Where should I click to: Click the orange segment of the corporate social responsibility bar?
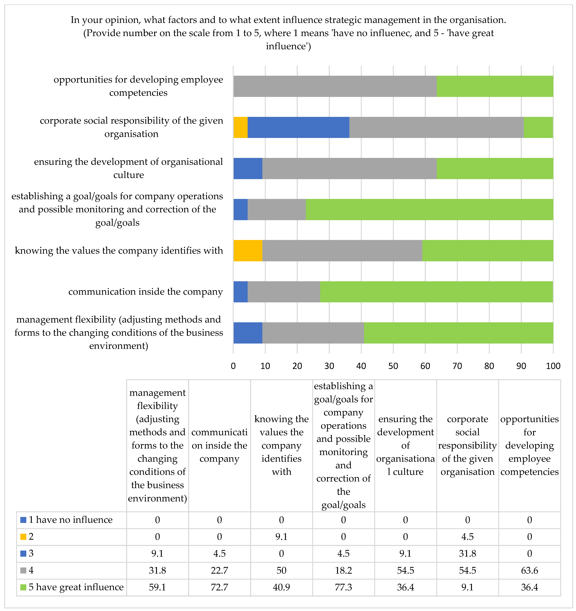tap(240, 127)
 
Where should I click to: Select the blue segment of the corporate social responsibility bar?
tap(298, 127)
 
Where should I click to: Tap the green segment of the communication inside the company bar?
tap(436, 292)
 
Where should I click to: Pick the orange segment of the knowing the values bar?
tap(248, 251)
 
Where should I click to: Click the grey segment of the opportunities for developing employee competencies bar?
tap(335, 86)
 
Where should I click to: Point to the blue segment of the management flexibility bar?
tap(248, 333)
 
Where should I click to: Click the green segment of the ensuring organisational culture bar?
tap(495, 168)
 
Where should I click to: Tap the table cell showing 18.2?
tap(343, 570)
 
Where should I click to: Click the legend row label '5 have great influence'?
tap(76, 587)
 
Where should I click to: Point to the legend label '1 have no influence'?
tap(70, 520)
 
